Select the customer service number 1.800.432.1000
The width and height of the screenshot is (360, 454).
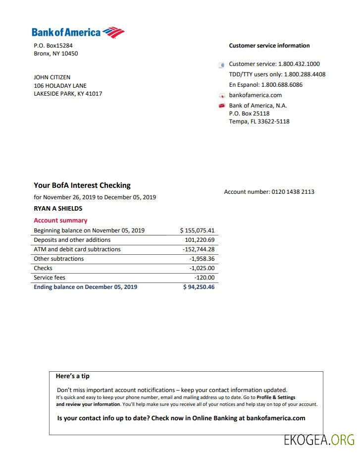(299, 64)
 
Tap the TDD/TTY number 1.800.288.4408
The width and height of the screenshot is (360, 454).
(305, 74)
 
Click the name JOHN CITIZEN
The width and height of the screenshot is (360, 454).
(52, 77)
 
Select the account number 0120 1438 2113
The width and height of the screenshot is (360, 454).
(293, 192)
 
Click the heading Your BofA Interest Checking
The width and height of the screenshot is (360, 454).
(82, 185)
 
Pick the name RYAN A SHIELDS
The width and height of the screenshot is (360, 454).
(58, 209)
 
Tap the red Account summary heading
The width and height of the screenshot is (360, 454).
(60, 221)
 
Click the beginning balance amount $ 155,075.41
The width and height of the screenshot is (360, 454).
(197, 230)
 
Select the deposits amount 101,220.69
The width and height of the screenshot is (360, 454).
(200, 240)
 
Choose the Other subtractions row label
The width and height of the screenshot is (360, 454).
(59, 259)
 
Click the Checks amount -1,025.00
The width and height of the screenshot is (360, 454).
(202, 268)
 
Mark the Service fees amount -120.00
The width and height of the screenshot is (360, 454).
(205, 278)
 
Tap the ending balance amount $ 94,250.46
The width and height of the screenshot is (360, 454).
(199, 287)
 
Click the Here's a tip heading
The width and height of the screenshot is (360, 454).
(73, 376)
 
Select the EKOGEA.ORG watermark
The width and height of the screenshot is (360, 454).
(319, 440)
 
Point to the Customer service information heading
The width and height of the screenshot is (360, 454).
(269, 46)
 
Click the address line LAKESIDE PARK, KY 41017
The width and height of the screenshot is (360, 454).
(68, 94)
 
